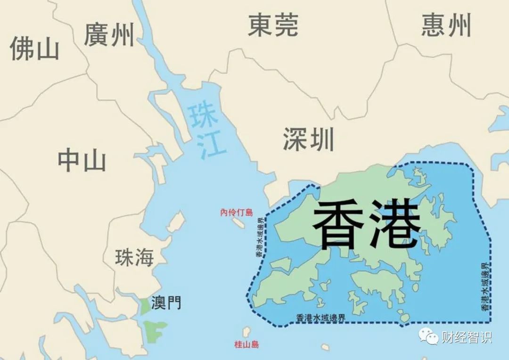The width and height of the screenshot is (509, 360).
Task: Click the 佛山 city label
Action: (34, 48)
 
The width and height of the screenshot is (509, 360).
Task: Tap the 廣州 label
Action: (109, 34)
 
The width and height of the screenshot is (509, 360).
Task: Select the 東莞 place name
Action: (273, 25)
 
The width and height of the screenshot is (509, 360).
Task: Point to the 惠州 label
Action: (446, 25)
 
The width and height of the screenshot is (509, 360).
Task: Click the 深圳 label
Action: (309, 139)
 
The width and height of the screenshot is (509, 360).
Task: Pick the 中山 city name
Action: (82, 161)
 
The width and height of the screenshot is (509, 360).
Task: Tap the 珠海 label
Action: (135, 258)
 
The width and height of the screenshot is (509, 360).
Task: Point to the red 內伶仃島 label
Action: (237, 213)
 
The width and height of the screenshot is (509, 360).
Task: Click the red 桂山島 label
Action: (246, 344)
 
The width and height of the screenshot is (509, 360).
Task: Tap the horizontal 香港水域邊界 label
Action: (321, 318)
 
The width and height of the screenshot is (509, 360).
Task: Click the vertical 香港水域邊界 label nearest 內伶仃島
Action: (260, 237)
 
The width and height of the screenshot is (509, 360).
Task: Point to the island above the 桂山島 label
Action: (246, 332)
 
